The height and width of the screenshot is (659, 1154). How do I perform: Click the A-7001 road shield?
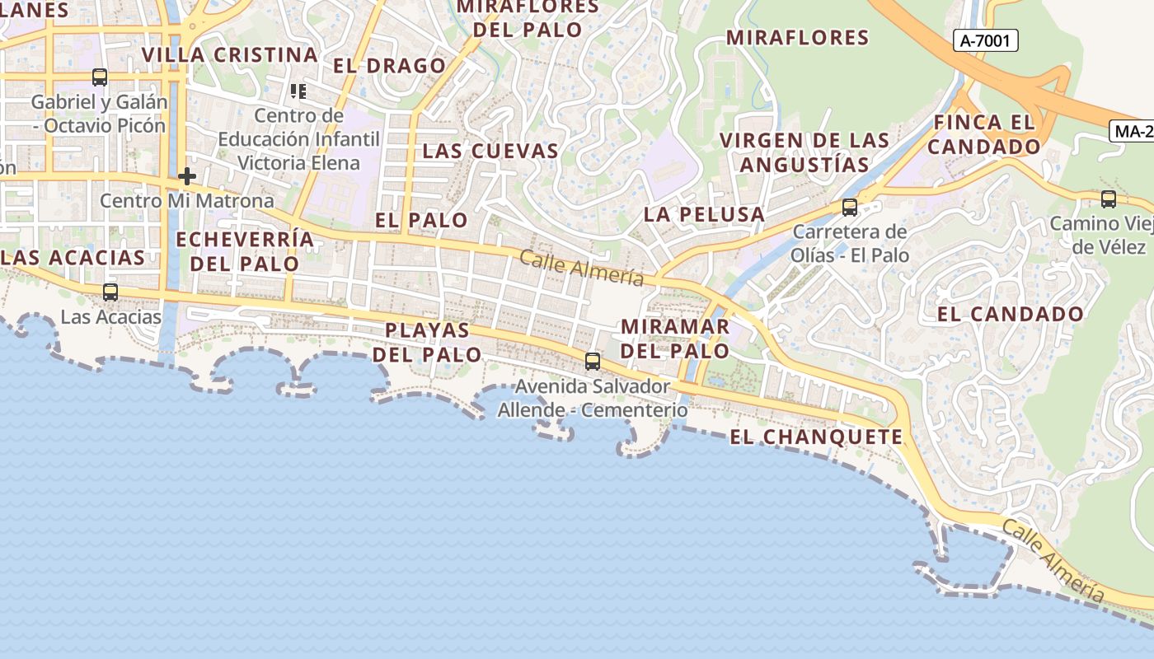pos(986,40)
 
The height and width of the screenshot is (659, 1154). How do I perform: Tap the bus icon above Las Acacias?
pos(110,292)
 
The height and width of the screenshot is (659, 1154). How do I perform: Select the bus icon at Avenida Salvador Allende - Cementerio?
pos(592,361)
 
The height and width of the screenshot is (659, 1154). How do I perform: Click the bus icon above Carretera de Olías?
pos(849,208)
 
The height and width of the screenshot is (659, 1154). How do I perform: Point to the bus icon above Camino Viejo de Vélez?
pos(1109,199)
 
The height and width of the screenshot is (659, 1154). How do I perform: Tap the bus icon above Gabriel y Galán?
pos(100,77)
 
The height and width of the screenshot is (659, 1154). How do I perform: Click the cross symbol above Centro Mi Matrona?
pos(187,176)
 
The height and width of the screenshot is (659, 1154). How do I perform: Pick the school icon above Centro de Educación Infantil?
pos(298,91)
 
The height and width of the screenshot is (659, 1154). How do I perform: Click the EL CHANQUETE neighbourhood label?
pos(816,437)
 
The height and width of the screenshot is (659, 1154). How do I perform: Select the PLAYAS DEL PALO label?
pos(427,342)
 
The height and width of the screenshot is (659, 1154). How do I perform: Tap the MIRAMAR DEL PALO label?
pos(674,338)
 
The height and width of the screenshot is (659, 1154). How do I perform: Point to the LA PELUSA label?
pos(704,215)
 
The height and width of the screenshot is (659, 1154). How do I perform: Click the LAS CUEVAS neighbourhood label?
pos(490,152)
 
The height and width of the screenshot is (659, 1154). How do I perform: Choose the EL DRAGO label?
pos(389,66)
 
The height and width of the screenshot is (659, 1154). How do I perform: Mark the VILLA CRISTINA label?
pos(229,55)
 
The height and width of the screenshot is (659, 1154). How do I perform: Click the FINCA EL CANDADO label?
pos(983,135)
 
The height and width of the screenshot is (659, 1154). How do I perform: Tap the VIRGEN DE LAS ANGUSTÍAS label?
pos(805,152)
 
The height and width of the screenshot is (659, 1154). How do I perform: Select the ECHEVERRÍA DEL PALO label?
pos(245,251)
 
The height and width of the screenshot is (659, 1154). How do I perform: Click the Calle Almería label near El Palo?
pos(581,268)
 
